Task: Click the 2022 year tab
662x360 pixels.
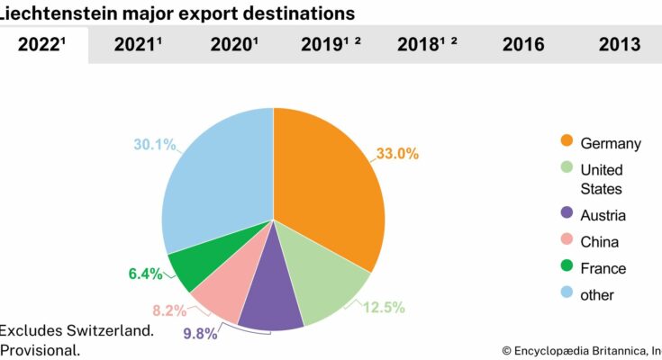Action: click(x=43, y=45)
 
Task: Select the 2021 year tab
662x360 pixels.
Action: click(x=138, y=45)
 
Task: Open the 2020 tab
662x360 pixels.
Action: click(x=233, y=45)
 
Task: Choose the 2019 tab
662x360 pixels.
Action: click(x=331, y=45)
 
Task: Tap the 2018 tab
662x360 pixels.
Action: click(x=427, y=45)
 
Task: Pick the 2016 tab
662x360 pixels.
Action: click(x=523, y=45)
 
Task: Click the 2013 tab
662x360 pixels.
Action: click(x=618, y=45)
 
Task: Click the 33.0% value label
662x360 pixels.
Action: click(x=396, y=154)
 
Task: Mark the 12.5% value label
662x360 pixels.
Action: click(x=383, y=308)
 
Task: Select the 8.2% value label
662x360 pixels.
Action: click(x=169, y=311)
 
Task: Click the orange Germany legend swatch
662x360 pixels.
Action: click(x=567, y=142)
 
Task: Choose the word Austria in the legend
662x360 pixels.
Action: click(x=603, y=216)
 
